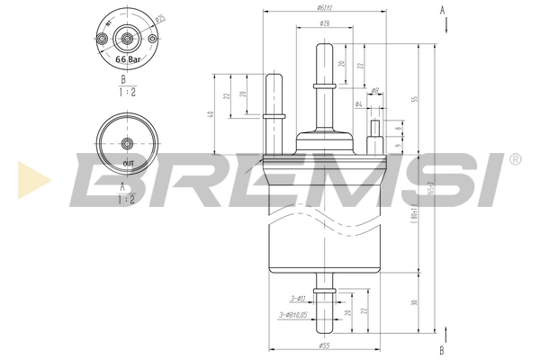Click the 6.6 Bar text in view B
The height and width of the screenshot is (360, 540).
tap(128, 58)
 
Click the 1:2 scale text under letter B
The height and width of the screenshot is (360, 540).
tap(127, 91)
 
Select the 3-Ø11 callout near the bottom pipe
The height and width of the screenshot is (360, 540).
tap(296, 296)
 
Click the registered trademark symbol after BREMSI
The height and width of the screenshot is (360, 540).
tap(514, 160)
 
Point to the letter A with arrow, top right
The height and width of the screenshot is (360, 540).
tap(442, 10)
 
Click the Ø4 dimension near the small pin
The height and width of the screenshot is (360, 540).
tap(358, 105)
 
